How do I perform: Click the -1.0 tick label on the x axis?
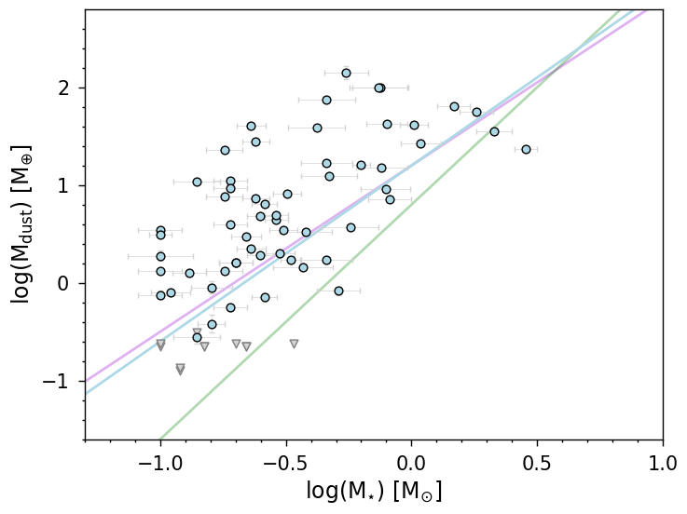(x=160, y=463)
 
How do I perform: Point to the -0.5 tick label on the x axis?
(x=285, y=463)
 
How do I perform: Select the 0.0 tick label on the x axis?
(x=411, y=463)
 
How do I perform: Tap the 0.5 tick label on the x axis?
(x=537, y=463)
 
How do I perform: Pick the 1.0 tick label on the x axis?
(x=663, y=463)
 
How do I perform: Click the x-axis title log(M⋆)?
(x=374, y=491)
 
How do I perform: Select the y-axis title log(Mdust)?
(x=22, y=223)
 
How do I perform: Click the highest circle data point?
(x=346, y=73)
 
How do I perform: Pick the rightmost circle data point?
(x=526, y=149)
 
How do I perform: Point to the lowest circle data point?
(x=197, y=337)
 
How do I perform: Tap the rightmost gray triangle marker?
(x=294, y=344)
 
